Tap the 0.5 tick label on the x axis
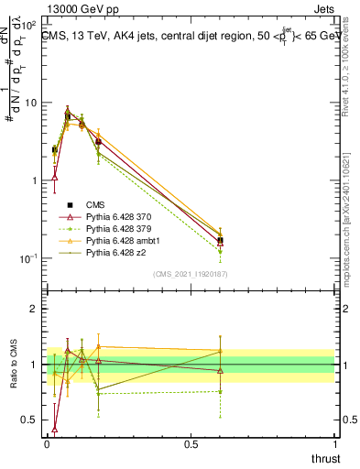191,444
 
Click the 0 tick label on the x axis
47,444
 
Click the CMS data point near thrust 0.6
220,241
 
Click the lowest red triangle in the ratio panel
55,428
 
